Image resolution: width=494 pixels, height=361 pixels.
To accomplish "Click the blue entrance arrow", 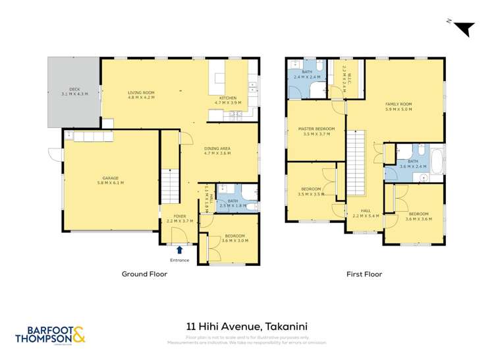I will (x=179, y=249).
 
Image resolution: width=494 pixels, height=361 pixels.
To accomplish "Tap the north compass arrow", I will (x=465, y=28).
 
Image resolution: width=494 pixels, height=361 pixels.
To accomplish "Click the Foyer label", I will (x=179, y=218).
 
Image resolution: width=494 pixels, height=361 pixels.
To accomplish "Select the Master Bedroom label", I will (x=316, y=131).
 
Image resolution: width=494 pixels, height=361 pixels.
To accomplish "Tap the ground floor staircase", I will (x=170, y=185).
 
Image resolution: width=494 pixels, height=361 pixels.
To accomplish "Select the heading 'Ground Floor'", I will (x=144, y=274).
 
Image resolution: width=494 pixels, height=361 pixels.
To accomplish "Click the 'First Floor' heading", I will (x=364, y=274).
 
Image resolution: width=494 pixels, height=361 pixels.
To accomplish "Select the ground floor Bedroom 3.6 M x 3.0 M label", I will (x=234, y=238).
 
